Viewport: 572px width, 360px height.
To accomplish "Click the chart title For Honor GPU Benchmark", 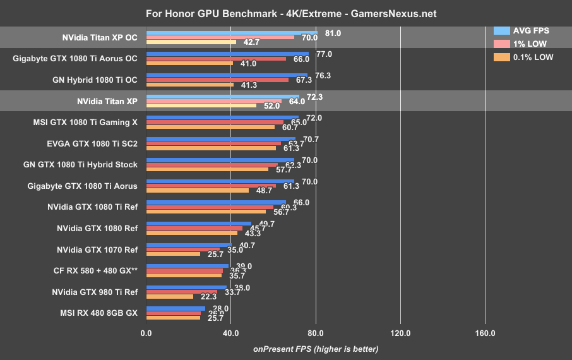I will click(285, 13).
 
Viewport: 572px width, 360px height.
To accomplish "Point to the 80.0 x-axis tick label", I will click(316, 333).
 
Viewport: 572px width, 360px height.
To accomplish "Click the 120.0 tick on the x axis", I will click(400, 333).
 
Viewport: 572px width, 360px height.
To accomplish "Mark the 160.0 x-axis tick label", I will click(485, 333).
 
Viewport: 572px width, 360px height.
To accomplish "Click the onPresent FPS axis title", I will click(316, 349).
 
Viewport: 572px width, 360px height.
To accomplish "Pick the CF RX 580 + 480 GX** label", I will click(95, 270).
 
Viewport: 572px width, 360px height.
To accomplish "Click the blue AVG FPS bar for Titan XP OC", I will click(232, 32).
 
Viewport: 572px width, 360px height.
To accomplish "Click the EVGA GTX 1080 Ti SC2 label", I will click(92, 143).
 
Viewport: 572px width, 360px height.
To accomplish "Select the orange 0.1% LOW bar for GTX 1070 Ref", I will click(173, 254).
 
